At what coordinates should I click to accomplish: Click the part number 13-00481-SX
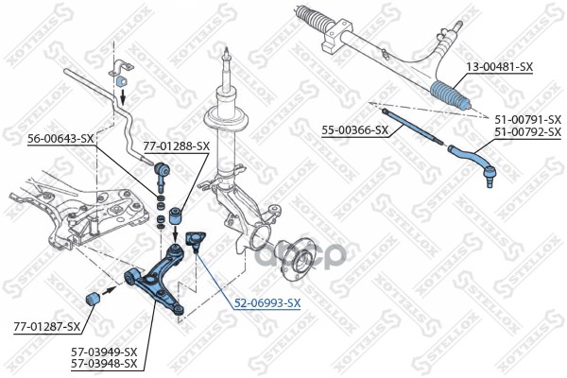[x=499, y=67]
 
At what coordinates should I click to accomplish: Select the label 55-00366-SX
[x=355, y=129]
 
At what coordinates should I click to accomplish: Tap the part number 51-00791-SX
[x=528, y=119]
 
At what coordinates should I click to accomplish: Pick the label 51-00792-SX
[x=528, y=131]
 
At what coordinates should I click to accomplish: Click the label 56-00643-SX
[x=60, y=139]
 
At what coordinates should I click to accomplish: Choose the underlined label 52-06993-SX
[x=267, y=302]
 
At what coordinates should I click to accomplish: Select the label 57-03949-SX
[x=104, y=351]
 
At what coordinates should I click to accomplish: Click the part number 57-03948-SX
[x=104, y=363]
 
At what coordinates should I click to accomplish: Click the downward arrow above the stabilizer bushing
[x=123, y=94]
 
